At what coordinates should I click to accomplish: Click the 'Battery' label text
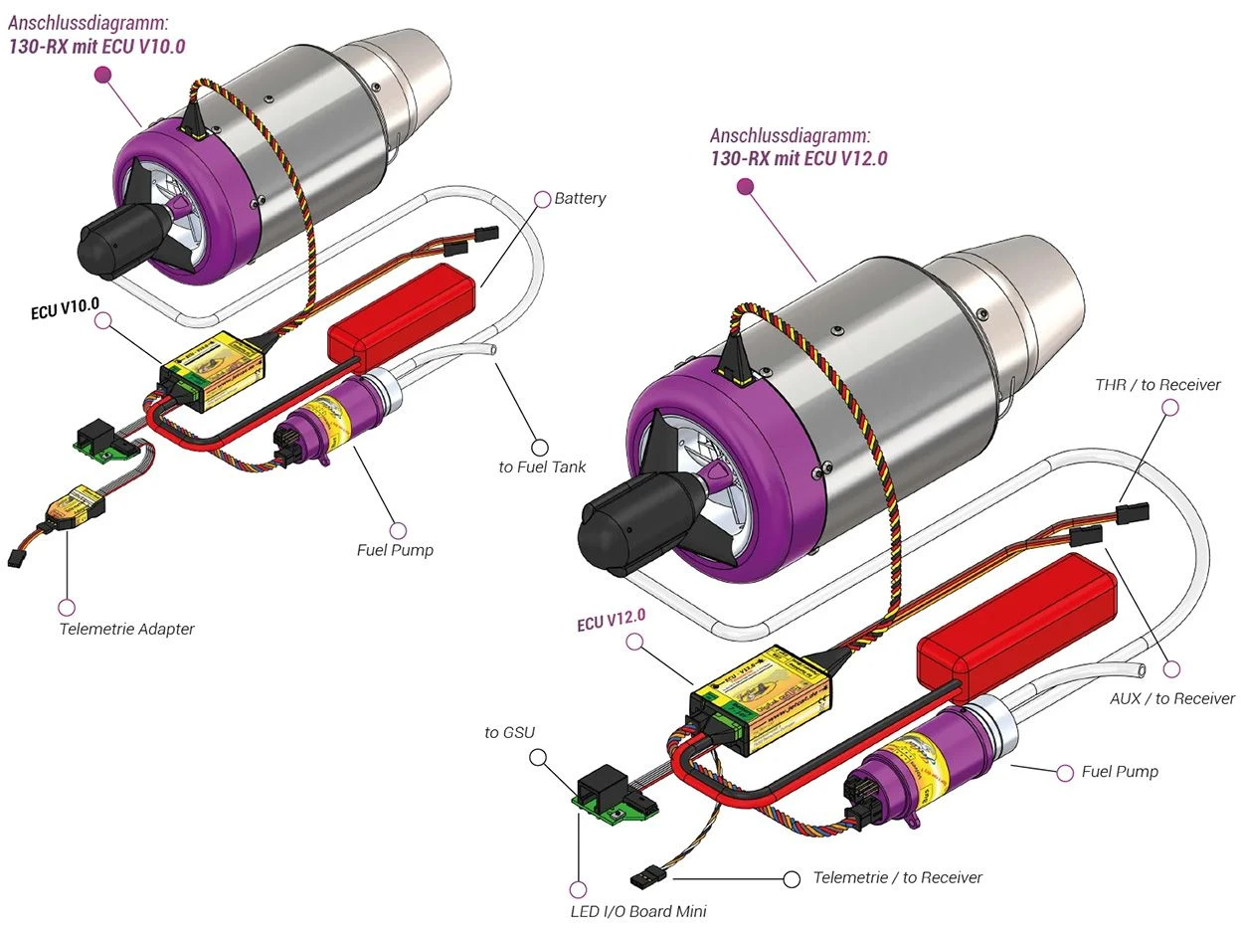[580, 199]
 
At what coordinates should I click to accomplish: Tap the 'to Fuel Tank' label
[542, 466]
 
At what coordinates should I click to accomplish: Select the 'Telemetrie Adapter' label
[127, 629]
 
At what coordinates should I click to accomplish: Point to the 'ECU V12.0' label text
[612, 622]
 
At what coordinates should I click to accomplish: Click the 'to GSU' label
[510, 733]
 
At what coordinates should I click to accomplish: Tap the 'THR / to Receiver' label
[1157, 385]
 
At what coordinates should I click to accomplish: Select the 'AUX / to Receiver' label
[1171, 698]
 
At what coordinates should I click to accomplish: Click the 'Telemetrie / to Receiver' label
[897, 877]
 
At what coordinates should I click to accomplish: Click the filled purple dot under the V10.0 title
[101, 75]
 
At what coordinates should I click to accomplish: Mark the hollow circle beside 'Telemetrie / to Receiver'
[792, 878]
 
